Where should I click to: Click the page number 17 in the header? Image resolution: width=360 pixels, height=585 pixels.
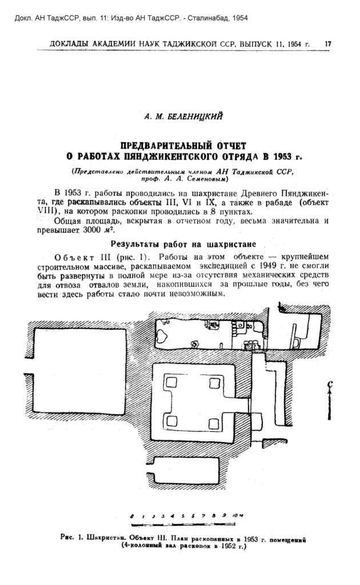(328, 43)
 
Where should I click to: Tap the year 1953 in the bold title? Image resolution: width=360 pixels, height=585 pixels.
(282, 156)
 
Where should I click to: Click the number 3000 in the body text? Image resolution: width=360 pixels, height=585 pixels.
(91, 230)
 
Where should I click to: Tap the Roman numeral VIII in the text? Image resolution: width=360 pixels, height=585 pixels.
(45, 211)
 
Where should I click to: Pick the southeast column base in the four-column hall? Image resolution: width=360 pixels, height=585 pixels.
(214, 423)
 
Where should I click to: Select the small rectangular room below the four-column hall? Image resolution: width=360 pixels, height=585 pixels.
(185, 471)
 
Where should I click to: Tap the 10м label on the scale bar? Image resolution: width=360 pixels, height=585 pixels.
(238, 516)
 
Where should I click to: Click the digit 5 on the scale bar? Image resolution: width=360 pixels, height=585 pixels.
(183, 516)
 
